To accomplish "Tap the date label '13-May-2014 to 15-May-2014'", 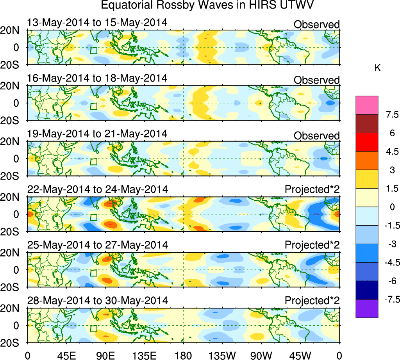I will point(97,23).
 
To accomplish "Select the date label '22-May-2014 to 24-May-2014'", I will point(98,189).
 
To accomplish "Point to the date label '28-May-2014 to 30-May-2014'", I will point(98,301).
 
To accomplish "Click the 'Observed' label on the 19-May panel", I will point(316,135).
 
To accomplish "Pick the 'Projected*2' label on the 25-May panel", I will point(312,245).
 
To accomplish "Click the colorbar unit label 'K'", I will point(377,68).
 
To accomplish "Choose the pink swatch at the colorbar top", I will point(367,105).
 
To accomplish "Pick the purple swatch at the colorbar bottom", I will point(367,308).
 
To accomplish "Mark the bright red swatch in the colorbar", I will point(367,142).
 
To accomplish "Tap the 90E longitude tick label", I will point(105,355).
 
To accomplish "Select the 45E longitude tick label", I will point(66,355).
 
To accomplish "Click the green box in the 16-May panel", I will point(93,106).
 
